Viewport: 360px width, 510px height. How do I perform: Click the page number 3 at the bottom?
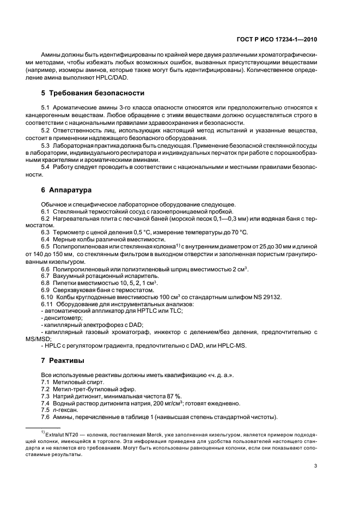pos(316,465)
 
